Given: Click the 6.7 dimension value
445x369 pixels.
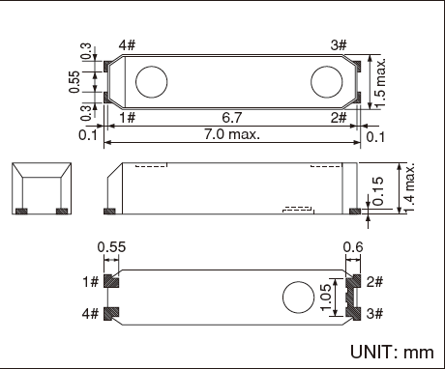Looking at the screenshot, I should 231,117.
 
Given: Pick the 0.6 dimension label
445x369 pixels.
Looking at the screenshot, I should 354,248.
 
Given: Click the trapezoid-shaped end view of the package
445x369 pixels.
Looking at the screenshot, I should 42,187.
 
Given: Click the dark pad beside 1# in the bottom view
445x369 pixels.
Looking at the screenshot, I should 112,281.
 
